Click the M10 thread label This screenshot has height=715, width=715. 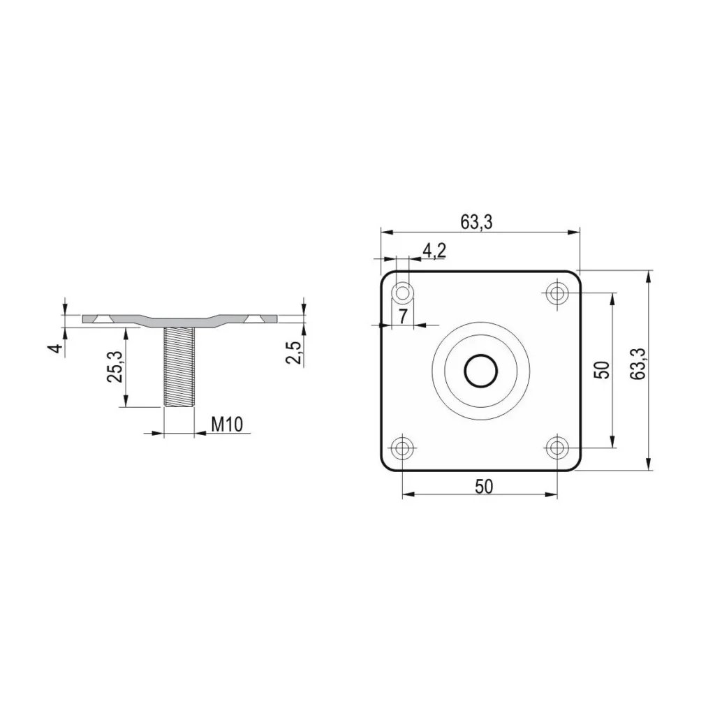click(x=227, y=425)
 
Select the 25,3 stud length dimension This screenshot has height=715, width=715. click(x=115, y=367)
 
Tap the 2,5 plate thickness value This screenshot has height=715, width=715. click(x=294, y=353)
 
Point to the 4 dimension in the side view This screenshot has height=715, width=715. click(x=56, y=348)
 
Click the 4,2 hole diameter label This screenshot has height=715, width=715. click(x=434, y=251)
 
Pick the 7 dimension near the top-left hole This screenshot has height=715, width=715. click(x=403, y=316)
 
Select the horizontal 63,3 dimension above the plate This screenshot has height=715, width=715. click(x=476, y=222)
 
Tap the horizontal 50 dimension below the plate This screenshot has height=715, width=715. click(x=484, y=487)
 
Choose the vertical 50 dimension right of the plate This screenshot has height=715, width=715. click(x=602, y=369)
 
